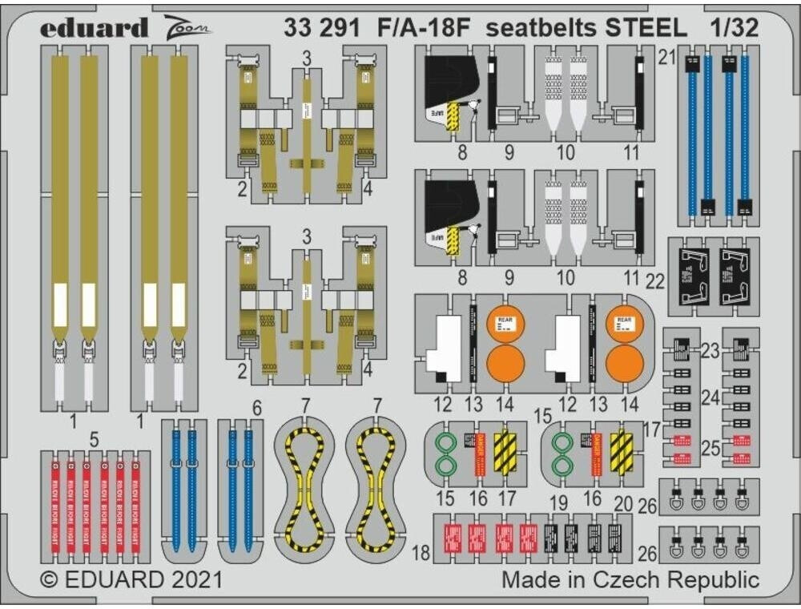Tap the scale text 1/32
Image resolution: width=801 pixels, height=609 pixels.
pos(733,29)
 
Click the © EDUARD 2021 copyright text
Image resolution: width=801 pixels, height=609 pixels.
pos(130,579)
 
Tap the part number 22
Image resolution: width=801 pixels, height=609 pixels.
pos(655,281)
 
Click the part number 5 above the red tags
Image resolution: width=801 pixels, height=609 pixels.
pos(95,439)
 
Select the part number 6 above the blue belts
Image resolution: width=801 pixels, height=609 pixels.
pos(256,408)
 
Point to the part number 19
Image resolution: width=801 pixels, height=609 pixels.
pos(558,503)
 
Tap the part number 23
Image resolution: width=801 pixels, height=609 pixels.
pos(710,350)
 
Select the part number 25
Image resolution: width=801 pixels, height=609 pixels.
pos(710,449)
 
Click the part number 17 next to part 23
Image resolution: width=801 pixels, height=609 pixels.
pos(650,430)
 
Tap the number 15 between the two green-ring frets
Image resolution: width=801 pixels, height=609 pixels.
pos(544,417)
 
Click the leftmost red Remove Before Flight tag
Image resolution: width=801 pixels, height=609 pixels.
pos(55,505)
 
